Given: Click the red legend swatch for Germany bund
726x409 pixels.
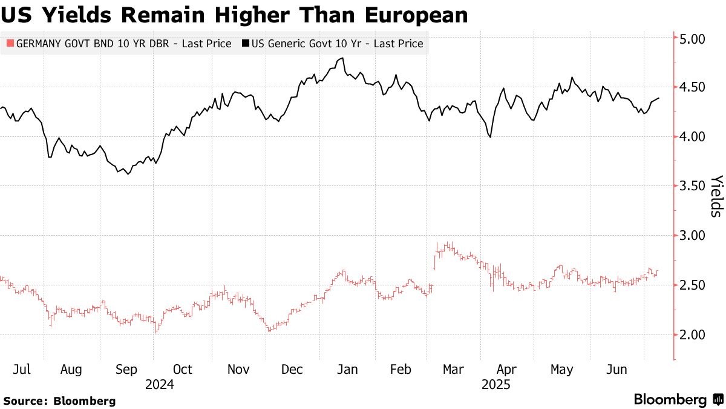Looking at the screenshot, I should pyautogui.click(x=9, y=44).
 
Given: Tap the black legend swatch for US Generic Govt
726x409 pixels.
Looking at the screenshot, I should pyautogui.click(x=246, y=44).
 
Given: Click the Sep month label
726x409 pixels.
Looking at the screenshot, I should pyautogui.click(x=126, y=369).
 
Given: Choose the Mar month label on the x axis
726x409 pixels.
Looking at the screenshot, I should pyautogui.click(x=453, y=369).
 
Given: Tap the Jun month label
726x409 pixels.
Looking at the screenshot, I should pyautogui.click(x=618, y=369).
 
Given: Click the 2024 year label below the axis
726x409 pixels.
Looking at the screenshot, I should pyautogui.click(x=160, y=384).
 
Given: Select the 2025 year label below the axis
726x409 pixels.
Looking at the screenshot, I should pyautogui.click(x=496, y=384).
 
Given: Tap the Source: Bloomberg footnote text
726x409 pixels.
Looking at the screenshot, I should pyautogui.click(x=59, y=401).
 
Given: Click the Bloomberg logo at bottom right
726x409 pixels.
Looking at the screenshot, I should pyautogui.click(x=678, y=400).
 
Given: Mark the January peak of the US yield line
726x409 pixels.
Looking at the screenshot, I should pyautogui.click(x=342, y=58).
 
